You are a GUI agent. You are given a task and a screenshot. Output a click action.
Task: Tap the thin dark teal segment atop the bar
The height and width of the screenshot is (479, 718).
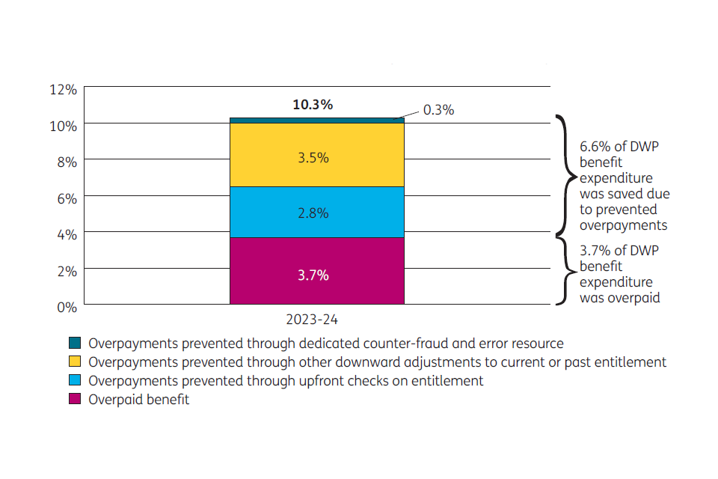coord(316,120)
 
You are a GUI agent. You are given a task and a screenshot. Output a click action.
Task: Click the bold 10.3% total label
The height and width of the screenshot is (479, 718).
coord(313,105)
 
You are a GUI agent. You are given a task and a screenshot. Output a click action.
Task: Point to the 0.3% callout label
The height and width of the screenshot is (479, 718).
coord(438,110)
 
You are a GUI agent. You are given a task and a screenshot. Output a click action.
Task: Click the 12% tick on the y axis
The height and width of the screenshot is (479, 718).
coord(63,90)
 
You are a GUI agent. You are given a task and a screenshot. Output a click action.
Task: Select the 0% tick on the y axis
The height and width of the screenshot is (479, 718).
coord(67,306)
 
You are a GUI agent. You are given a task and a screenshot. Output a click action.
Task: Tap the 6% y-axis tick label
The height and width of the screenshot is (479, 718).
coord(67,198)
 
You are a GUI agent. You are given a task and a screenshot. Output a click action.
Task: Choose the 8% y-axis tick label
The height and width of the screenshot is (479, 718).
coord(67,162)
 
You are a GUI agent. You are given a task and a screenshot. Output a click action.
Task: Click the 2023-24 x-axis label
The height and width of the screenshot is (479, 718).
coord(313,320)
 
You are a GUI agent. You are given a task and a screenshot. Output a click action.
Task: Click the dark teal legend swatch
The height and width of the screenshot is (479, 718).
coord(75,344)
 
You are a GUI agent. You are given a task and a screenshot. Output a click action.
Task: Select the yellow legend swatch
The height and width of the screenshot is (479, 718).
coord(75,362)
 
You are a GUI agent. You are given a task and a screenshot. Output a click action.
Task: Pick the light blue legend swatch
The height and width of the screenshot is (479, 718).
coord(75,381)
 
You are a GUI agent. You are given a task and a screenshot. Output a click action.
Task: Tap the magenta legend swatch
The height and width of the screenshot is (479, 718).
coord(75,400)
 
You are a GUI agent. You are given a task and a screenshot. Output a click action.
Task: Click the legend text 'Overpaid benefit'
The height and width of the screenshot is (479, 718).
coord(138,400)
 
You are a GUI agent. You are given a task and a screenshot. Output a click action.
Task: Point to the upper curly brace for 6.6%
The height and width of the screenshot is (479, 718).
coord(566,177)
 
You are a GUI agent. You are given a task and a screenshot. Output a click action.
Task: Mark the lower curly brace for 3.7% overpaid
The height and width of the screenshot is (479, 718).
coord(566,270)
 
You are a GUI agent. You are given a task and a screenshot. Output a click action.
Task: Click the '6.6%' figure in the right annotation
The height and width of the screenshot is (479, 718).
coord(595,147)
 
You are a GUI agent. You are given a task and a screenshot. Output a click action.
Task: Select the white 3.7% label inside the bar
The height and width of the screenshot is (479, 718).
coord(313,275)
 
